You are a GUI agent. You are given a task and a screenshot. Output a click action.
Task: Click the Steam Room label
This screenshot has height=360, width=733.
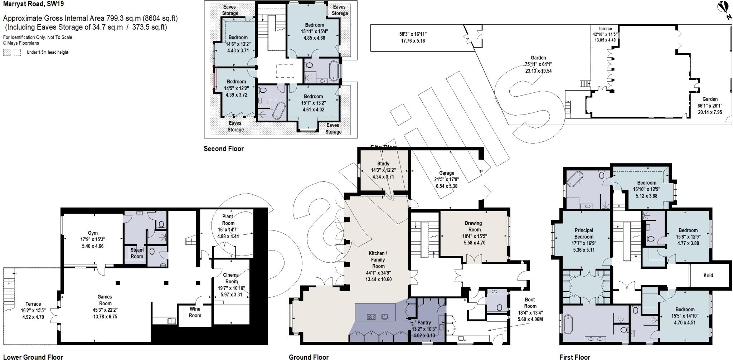pyautogui.click(x=137, y=253)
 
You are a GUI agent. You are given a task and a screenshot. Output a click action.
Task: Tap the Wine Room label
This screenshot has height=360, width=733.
pyautogui.click(x=195, y=312)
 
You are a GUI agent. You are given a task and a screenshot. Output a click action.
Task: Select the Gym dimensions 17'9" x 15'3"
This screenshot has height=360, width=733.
pyautogui.click(x=93, y=239)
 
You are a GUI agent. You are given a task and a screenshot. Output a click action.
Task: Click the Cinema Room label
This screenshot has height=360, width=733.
pyautogui.click(x=231, y=278)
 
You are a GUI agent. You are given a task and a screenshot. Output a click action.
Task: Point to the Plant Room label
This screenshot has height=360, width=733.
pyautogui.click(x=228, y=219)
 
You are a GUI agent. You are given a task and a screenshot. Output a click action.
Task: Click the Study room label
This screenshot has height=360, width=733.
pyautogui.click(x=383, y=164)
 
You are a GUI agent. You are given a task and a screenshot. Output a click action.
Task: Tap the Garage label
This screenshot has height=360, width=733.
pyautogui.click(x=447, y=173)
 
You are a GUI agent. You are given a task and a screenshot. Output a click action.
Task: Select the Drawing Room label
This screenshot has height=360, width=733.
pyautogui.click(x=473, y=226)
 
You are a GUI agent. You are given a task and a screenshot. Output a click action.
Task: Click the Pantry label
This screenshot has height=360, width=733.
pyautogui.click(x=424, y=322)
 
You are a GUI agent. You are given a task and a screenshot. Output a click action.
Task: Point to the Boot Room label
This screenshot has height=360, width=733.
pyautogui.click(x=530, y=303)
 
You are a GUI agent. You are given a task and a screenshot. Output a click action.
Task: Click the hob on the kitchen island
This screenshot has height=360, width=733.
pyautogui.click(x=371, y=316)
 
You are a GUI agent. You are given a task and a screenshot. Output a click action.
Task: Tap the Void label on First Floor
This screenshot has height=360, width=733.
pyautogui.click(x=708, y=275)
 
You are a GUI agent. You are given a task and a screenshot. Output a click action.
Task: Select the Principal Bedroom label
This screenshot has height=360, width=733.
pyautogui.click(x=584, y=233)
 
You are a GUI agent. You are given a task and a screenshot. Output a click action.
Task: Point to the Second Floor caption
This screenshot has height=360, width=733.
pyautogui.click(x=223, y=149)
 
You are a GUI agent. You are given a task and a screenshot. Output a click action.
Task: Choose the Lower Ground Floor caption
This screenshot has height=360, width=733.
pyautogui.click(x=33, y=356)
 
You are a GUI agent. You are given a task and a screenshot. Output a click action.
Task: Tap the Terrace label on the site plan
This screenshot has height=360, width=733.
pyautogui.click(x=605, y=29)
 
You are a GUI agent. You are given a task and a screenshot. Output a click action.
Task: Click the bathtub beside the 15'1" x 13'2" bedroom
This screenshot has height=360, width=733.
pyautogui.click(x=278, y=111)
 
